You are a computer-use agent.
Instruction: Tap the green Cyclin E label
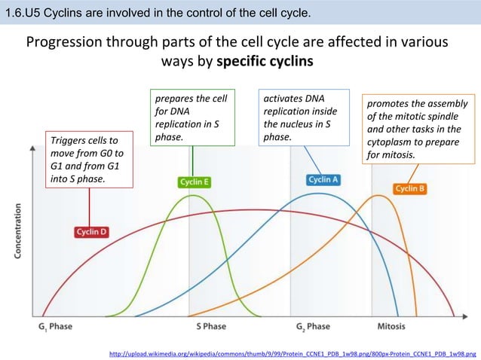(194, 182)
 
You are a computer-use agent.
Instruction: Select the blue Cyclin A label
(323, 179)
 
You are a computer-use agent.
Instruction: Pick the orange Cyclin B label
(410, 188)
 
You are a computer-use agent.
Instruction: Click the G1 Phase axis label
(56, 326)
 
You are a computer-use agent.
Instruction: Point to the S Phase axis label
(210, 326)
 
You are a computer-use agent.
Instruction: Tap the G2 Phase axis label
(313, 326)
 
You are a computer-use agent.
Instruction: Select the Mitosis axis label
(391, 326)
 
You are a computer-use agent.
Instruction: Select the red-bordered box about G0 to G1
(89, 160)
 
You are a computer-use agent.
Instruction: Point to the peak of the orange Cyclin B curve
(375, 196)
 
